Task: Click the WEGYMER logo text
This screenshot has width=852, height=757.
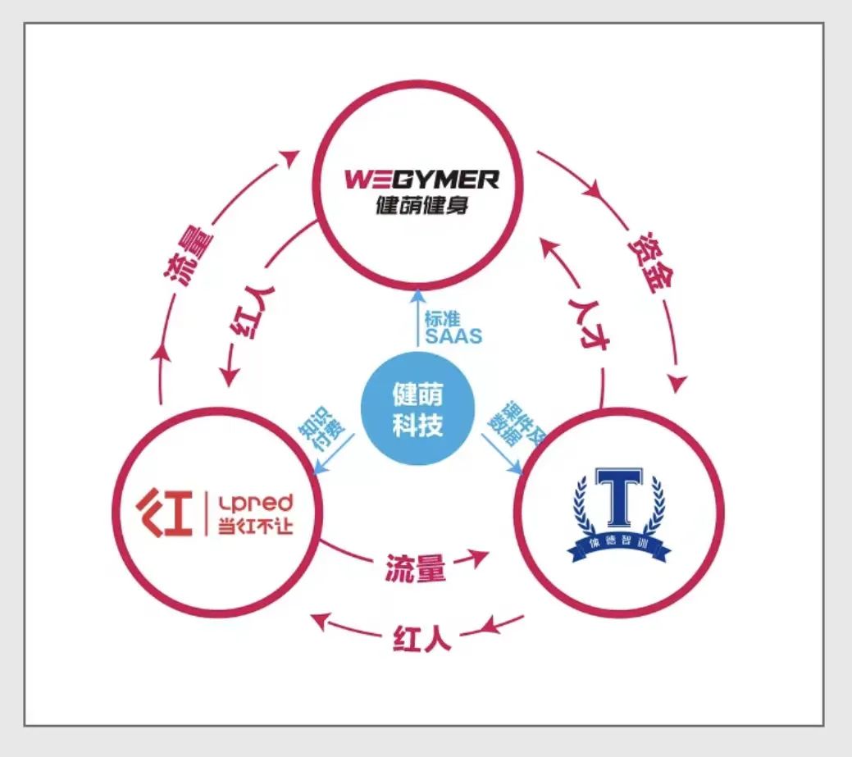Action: [421, 178]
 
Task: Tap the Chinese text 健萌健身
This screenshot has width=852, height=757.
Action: [421, 203]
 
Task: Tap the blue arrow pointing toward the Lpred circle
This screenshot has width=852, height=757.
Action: [335, 455]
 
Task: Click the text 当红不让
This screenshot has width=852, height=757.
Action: [254, 526]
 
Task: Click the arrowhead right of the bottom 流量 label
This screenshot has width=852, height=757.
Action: [476, 558]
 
